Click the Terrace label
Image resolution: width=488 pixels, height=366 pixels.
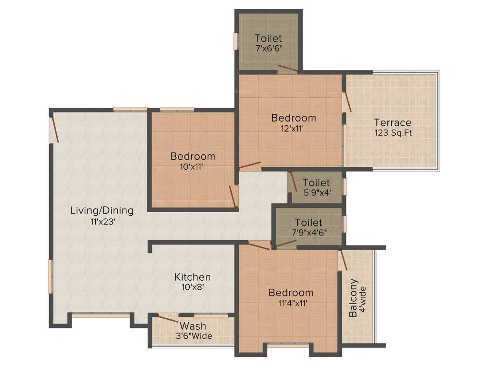pos(392,122)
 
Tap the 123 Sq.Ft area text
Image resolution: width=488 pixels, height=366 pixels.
pos(393,133)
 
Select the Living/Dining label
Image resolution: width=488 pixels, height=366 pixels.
pos(102,210)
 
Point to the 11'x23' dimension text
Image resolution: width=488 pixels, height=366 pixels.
pos(102,221)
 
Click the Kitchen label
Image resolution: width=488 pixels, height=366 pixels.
pos(193,277)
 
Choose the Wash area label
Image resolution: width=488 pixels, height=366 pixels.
pos(193,326)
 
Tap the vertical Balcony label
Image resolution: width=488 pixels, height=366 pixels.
pos(353,298)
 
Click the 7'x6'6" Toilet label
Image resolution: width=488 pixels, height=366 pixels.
pos(268,38)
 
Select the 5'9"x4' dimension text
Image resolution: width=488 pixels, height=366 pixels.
pos(316,193)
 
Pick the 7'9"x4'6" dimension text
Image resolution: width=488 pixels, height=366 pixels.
pos(308,233)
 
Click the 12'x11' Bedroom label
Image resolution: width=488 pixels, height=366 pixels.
pos(294,118)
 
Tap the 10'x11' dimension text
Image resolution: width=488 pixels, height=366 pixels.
pos(193,167)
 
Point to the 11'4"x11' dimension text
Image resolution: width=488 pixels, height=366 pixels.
pos(291,303)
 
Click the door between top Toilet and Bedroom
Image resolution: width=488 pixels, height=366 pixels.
pos(288,70)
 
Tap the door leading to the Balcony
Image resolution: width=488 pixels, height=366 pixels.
pos(342,260)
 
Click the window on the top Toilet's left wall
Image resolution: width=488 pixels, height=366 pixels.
pos(235,41)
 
